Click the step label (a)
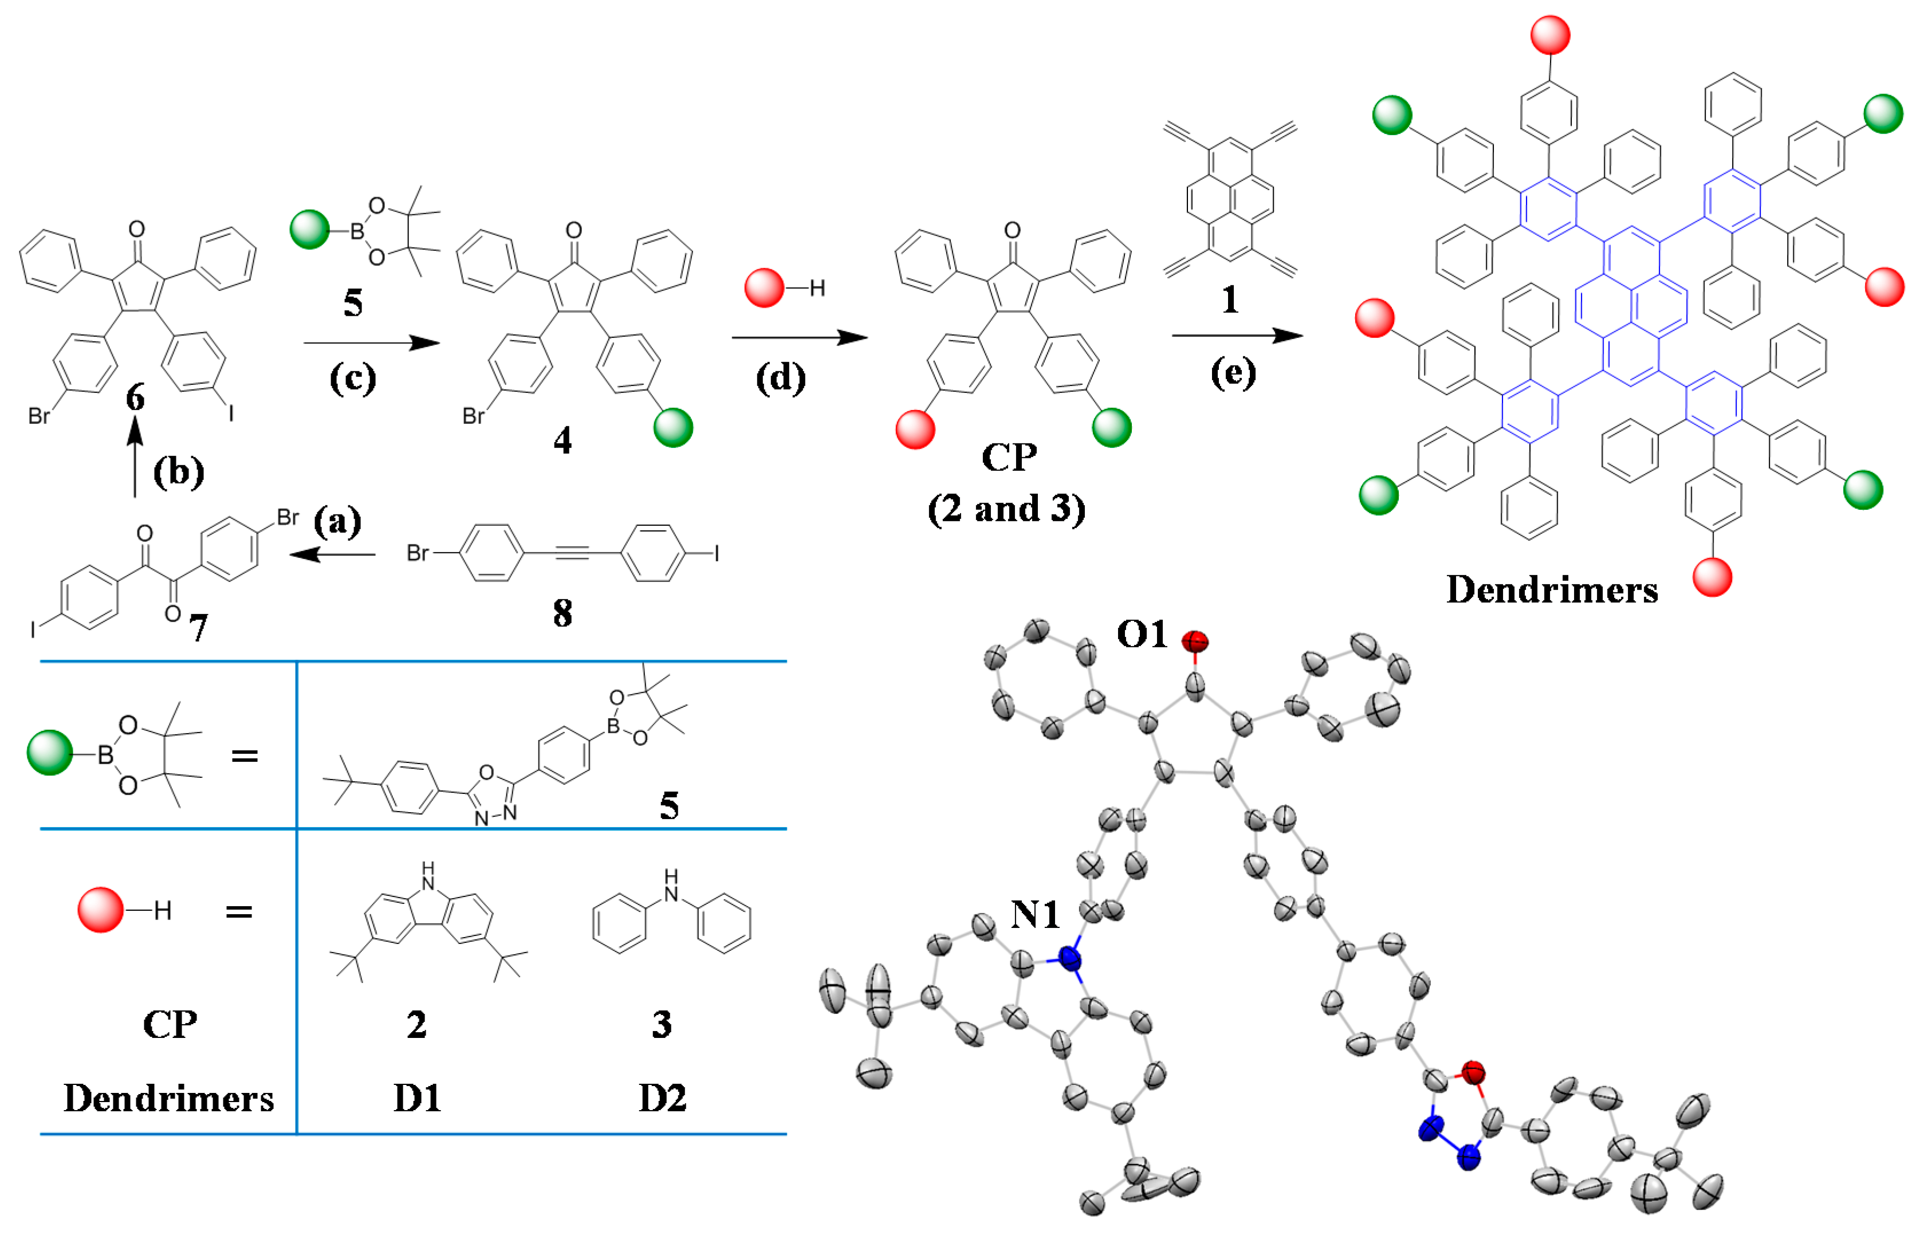(337, 522)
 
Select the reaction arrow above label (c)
(372, 343)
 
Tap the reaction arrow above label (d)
(799, 337)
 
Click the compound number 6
(136, 397)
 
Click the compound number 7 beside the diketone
(198, 628)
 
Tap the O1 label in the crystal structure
(1142, 635)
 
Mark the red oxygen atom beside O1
(1194, 641)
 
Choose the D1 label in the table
(417, 1099)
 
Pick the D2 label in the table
(662, 1099)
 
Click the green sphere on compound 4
(672, 427)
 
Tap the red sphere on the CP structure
(915, 429)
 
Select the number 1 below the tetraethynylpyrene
(1230, 300)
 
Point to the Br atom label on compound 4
(473, 416)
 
